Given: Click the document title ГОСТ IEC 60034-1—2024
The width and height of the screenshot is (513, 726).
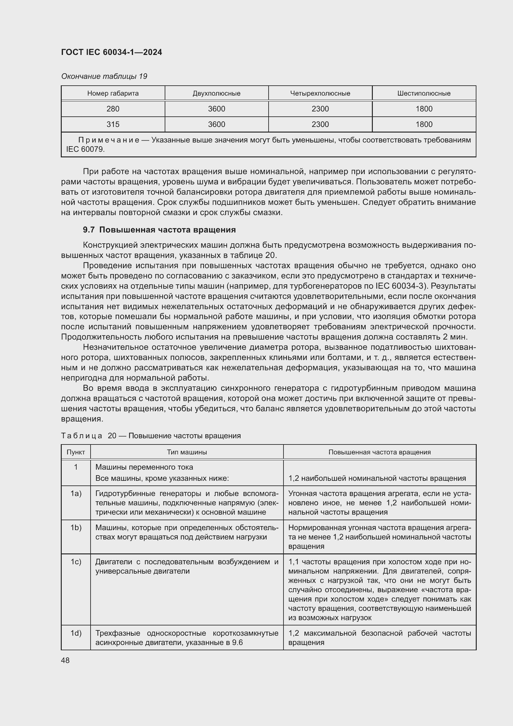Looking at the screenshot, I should coord(111,52).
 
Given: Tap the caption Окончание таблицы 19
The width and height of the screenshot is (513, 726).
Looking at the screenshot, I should coord(104,76).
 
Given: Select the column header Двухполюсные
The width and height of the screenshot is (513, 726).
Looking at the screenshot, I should coord(216,93).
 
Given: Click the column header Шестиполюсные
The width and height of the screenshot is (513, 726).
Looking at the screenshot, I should coord(424,93).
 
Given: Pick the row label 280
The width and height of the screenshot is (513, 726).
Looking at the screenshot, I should coord(113,109).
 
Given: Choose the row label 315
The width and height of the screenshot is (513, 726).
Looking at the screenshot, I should coord(113,124).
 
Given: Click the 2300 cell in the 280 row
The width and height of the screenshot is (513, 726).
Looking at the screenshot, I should coord(320,109).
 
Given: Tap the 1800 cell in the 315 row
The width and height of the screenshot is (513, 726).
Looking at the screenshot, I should coord(424,124).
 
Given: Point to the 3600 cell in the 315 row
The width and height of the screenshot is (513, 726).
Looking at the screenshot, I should coord(216,124).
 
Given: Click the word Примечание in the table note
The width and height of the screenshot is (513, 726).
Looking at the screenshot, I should coord(109,140).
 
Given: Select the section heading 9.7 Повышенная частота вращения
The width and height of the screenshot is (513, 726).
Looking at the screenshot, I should coord(159,230).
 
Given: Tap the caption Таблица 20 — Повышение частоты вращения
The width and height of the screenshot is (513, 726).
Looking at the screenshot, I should coord(151,436).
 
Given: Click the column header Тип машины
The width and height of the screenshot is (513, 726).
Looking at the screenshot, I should coord(187,452).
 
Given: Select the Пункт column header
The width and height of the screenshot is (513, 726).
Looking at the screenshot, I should coord(76,452).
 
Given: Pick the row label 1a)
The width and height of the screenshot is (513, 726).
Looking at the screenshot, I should coord(76,494).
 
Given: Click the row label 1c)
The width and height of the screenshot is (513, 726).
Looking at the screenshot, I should coord(76,562).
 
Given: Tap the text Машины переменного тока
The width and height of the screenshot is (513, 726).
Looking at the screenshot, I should coord(144,467).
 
